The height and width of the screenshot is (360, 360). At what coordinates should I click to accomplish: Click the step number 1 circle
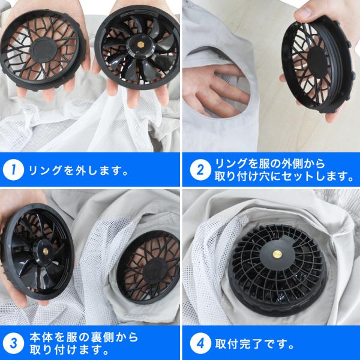point(13,170)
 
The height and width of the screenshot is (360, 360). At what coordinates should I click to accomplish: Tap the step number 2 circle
point(200,170)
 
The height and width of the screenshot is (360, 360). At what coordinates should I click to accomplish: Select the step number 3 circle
point(13,343)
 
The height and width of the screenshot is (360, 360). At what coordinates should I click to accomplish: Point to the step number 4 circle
point(200,343)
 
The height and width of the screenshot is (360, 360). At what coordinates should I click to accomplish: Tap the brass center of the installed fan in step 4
point(277,254)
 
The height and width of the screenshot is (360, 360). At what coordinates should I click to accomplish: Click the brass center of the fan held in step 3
point(46,251)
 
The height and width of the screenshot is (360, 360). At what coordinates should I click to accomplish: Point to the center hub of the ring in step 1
point(43,50)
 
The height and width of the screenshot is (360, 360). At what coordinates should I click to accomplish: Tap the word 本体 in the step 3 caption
point(41,337)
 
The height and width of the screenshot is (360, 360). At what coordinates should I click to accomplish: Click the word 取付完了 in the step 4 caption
point(239,344)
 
